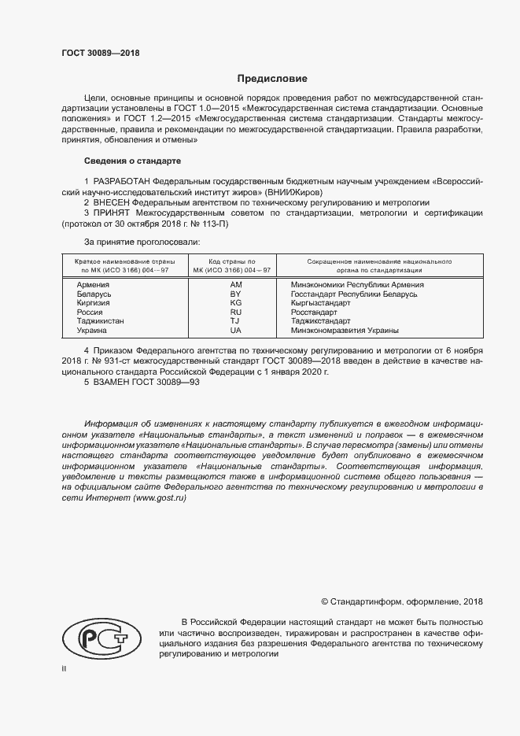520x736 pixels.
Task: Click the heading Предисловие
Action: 272,79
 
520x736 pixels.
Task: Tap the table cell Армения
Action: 93,284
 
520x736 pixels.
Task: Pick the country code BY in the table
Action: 235,294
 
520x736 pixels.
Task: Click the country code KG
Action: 235,303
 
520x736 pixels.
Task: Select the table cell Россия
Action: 90,313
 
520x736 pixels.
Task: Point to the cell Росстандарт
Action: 314,313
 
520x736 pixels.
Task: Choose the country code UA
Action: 235,331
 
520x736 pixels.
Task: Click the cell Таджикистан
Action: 100,321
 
